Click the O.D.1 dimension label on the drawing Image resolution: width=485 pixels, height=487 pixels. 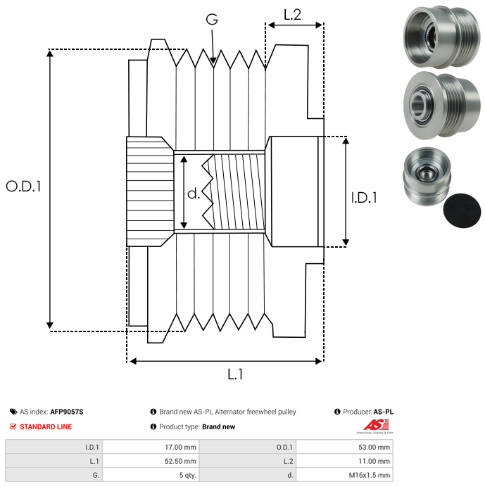coord(24,186)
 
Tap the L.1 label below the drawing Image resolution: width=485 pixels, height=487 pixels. coord(234,375)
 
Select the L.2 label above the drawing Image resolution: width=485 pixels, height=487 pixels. coord(292,14)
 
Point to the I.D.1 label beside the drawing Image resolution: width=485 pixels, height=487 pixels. coord(364,198)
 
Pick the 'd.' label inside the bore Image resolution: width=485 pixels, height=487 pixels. coord(194,194)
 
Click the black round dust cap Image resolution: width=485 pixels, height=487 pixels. coord(462,210)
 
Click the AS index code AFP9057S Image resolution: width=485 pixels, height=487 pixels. coord(66,412)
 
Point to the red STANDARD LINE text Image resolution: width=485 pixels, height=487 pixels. coord(46,426)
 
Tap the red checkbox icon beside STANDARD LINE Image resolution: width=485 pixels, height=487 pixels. coord(13,426)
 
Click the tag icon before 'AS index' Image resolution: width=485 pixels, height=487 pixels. coord(13,412)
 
